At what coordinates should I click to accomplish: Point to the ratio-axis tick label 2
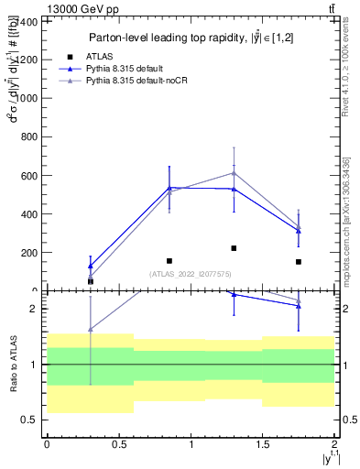(34, 309)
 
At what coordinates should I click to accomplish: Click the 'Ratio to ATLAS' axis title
(13, 364)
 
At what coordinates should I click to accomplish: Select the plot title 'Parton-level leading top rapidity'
(191, 38)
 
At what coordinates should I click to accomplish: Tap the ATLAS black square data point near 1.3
(235, 248)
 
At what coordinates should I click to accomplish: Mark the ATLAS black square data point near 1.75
(300, 262)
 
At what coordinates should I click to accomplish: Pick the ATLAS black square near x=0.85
(169, 261)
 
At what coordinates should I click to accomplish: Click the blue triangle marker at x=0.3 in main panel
(90, 266)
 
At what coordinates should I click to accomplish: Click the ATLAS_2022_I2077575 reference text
(190, 274)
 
